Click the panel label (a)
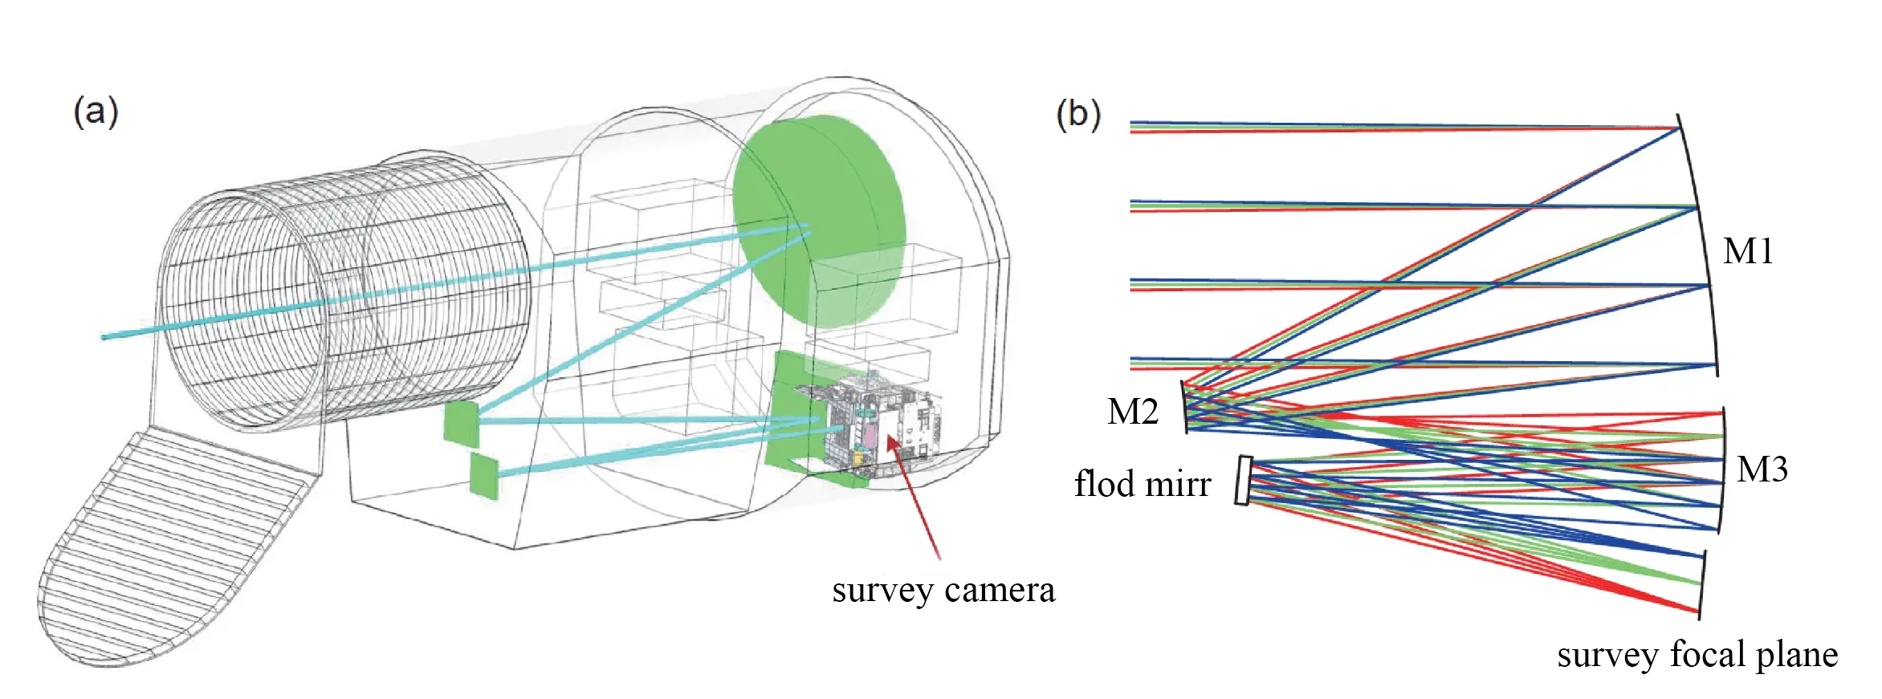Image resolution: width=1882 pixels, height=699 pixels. pyautogui.click(x=96, y=112)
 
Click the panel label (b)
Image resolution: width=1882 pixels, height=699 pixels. pyautogui.click(x=1077, y=115)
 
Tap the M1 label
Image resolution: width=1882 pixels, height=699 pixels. pyautogui.click(x=1747, y=252)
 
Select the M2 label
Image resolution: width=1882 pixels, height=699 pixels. pyautogui.click(x=1132, y=412)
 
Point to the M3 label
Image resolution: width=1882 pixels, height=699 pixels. pyautogui.click(x=1762, y=469)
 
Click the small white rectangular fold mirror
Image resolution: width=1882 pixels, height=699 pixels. pyautogui.click(x=1243, y=480)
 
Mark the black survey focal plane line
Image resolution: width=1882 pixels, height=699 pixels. pyautogui.click(x=1701, y=584)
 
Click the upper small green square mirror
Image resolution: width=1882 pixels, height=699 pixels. pyautogui.click(x=461, y=424)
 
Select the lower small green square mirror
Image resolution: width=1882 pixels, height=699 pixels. pyautogui.click(x=484, y=476)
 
